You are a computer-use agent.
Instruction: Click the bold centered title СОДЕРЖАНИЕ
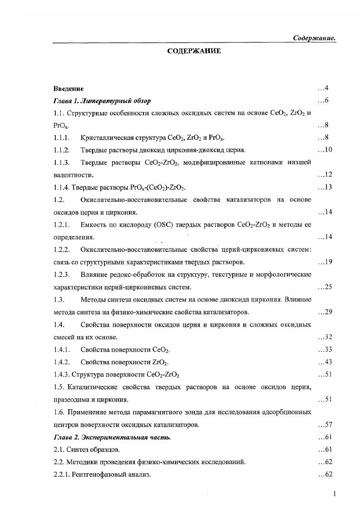click(x=194, y=51)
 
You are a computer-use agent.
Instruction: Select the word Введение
click(x=68, y=88)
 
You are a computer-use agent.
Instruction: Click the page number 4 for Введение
click(x=326, y=88)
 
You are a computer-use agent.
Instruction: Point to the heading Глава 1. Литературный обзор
click(x=102, y=100)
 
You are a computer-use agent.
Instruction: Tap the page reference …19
click(x=325, y=262)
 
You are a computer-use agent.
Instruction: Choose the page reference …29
click(x=325, y=312)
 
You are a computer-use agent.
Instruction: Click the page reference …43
click(x=325, y=362)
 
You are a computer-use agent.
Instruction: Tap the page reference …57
click(x=325, y=425)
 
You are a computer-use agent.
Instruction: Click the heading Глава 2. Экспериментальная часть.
click(x=112, y=437)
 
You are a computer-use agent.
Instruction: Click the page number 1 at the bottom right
click(x=334, y=494)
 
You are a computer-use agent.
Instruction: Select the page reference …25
click(x=325, y=287)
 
